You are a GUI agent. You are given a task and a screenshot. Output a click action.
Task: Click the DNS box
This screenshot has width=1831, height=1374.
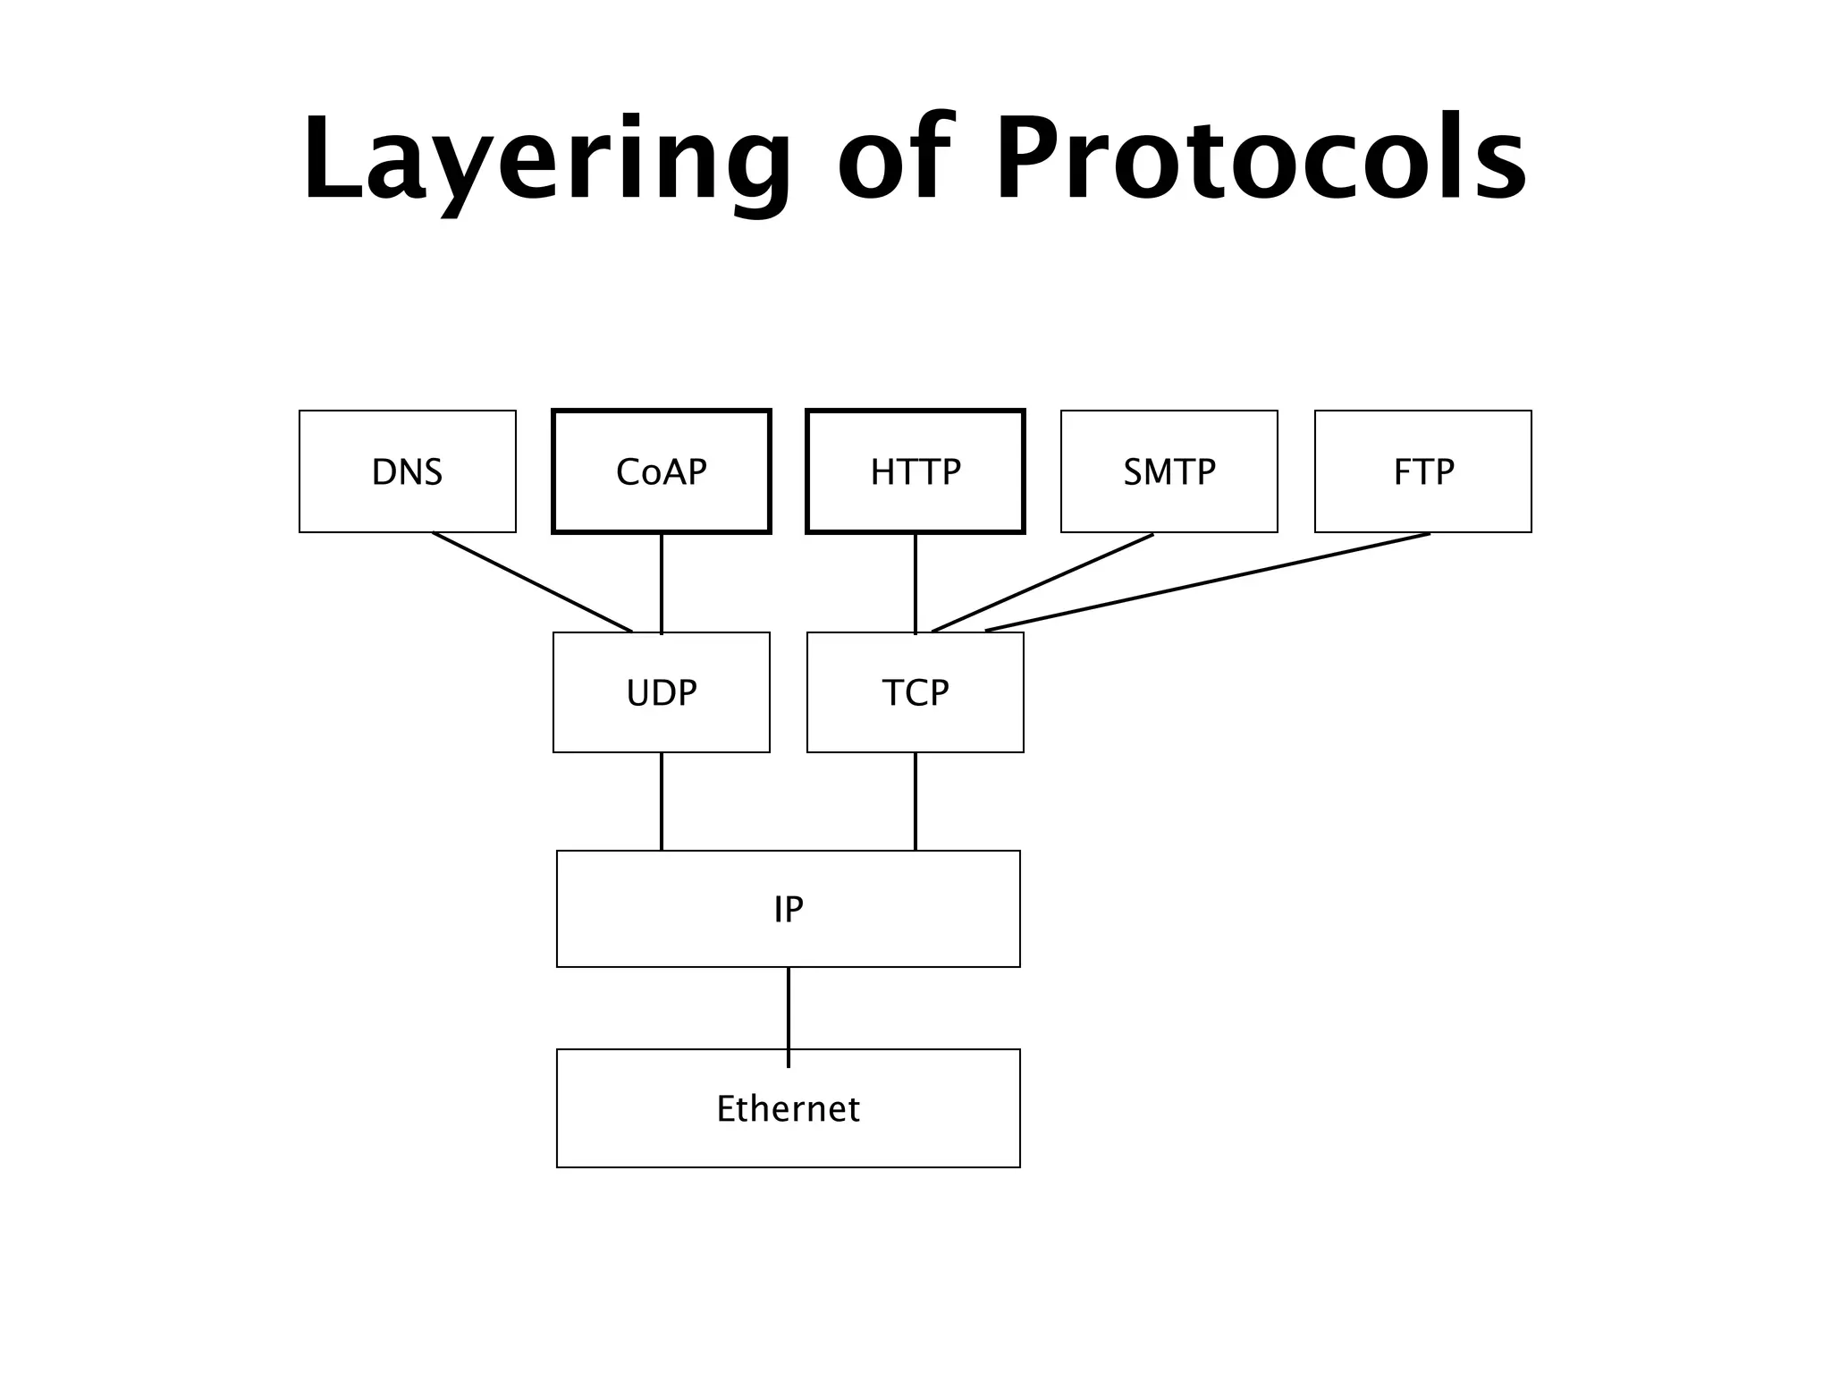pyautogui.click(x=408, y=471)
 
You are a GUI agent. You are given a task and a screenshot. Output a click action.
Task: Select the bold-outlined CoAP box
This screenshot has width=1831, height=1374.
pyautogui.click(x=662, y=471)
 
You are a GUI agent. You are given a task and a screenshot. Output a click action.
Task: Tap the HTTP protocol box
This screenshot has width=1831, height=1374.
pyautogui.click(x=915, y=471)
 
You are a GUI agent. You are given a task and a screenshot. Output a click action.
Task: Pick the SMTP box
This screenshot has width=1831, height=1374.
pyautogui.click(x=1169, y=471)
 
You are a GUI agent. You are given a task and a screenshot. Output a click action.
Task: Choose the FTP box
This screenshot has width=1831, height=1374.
pyautogui.click(x=1423, y=471)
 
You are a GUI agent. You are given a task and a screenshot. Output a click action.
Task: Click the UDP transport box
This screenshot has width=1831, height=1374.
pyautogui.click(x=662, y=692)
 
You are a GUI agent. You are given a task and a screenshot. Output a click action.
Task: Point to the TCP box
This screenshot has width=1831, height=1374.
pyautogui.click(x=915, y=692)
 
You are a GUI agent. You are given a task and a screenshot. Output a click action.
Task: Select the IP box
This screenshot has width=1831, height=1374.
pyautogui.click(x=789, y=909)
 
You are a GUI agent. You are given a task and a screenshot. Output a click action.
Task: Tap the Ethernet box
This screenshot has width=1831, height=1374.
pyautogui.click(x=789, y=1108)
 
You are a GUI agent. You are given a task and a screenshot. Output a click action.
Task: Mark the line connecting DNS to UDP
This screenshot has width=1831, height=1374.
pyautogui.click(x=533, y=582)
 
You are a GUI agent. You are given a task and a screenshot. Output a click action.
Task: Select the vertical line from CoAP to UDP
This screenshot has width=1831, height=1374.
pyautogui.click(x=662, y=583)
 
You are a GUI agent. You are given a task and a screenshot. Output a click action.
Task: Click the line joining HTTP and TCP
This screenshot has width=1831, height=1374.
pyautogui.click(x=915, y=583)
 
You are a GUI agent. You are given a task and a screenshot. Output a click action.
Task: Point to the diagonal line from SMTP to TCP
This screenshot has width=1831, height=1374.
pyautogui.click(x=1042, y=583)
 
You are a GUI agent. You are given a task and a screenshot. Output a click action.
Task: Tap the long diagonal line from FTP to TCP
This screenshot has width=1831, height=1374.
pyautogui.click(x=1207, y=582)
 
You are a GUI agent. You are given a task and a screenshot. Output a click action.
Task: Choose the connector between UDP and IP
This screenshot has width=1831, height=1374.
pyautogui.click(x=662, y=801)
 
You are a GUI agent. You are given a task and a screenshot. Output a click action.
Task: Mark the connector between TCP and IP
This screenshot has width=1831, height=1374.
pyautogui.click(x=915, y=801)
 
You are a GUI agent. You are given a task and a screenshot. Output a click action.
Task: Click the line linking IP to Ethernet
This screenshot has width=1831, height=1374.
pyautogui.click(x=789, y=1008)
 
